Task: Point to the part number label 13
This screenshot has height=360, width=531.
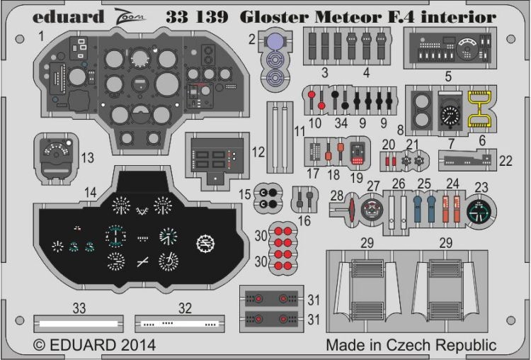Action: (88, 157)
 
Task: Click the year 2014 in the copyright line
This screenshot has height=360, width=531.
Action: (132, 346)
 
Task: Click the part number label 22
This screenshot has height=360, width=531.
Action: (504, 162)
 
